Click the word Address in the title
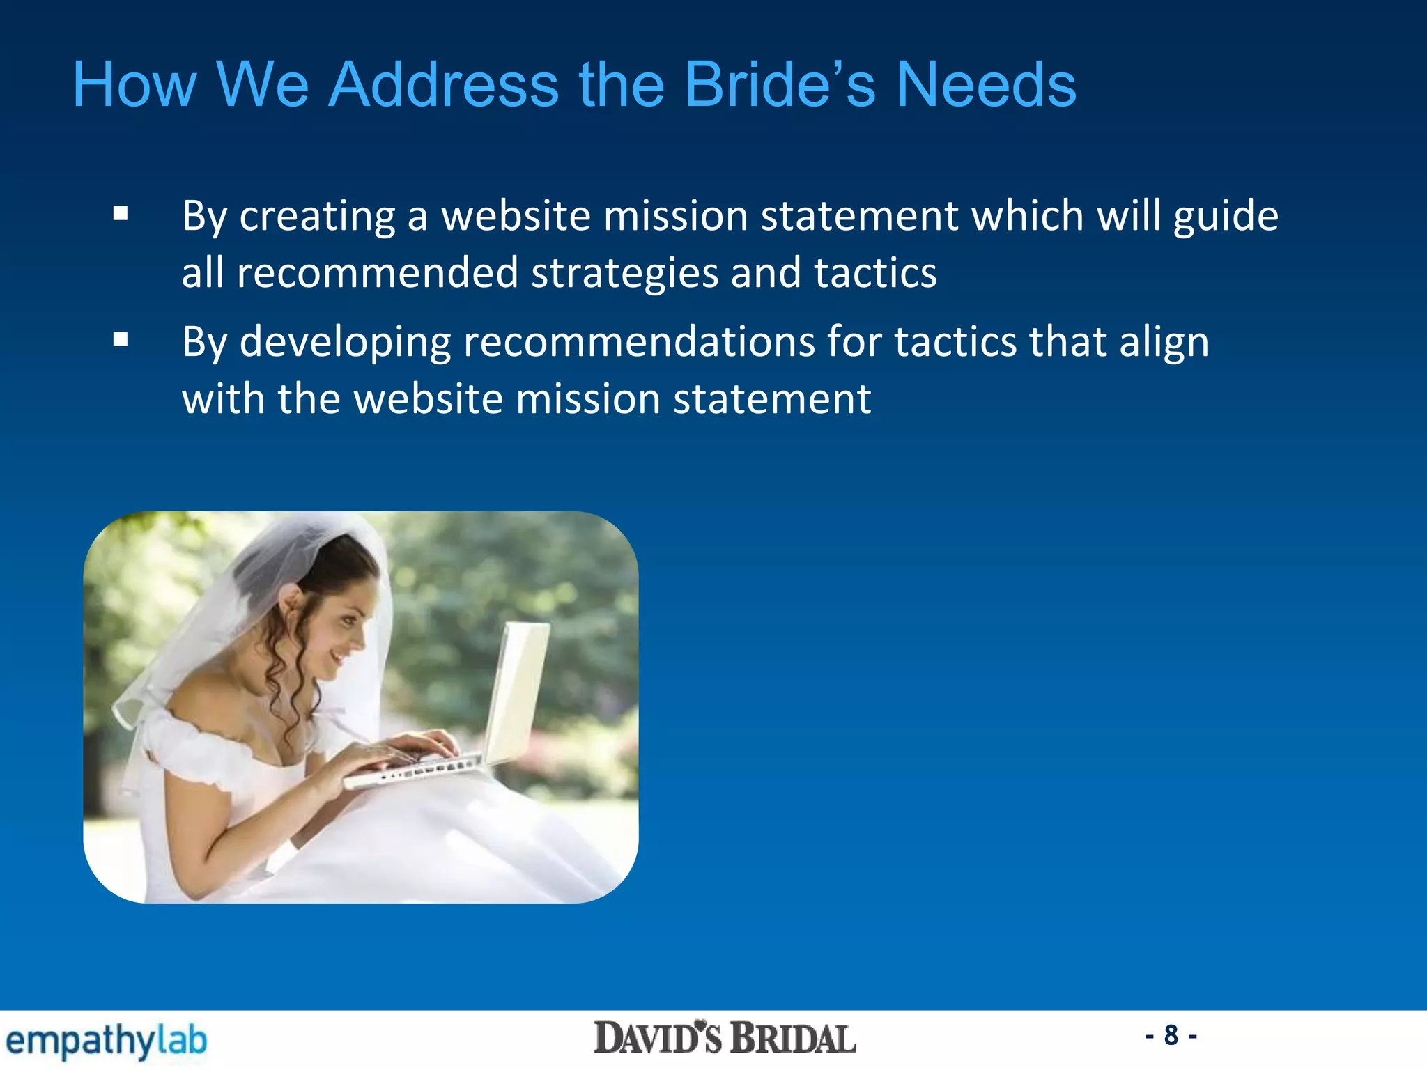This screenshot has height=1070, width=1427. [443, 84]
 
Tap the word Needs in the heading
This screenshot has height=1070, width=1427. [986, 84]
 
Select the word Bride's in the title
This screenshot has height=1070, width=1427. [779, 84]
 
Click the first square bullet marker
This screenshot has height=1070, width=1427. [121, 214]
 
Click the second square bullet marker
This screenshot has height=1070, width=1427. [121, 340]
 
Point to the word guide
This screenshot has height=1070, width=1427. [1226, 216]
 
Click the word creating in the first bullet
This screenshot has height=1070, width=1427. [317, 216]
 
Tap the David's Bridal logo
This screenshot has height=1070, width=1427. [725, 1039]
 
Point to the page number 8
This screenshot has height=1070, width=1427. [1171, 1035]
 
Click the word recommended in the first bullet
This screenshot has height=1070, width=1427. [377, 272]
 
